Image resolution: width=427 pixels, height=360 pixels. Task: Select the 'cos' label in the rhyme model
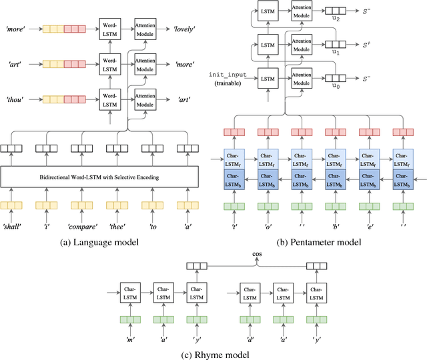256,255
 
